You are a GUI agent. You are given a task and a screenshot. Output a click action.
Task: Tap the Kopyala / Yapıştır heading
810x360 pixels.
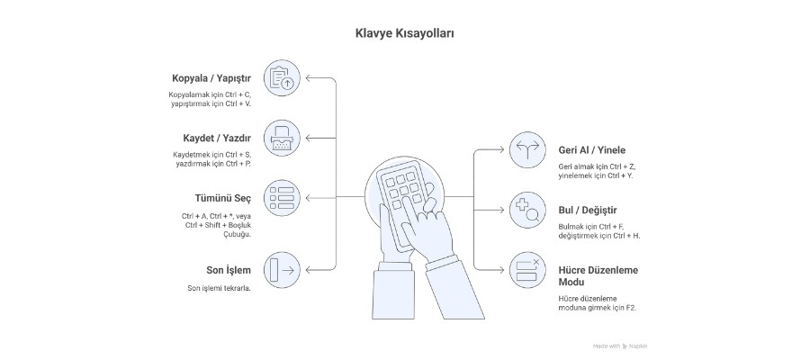[211, 78]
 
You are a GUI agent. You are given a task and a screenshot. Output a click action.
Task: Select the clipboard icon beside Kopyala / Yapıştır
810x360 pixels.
[283, 77]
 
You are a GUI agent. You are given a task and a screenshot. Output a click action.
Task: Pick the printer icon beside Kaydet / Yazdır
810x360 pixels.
[283, 138]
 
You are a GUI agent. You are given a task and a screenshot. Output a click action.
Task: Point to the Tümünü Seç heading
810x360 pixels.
[224, 198]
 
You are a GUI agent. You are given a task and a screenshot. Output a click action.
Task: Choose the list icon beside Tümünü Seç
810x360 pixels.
[283, 197]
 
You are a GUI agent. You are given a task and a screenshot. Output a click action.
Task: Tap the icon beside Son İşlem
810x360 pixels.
[283, 270]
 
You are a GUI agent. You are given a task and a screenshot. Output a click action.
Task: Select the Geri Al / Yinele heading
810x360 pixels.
[591, 150]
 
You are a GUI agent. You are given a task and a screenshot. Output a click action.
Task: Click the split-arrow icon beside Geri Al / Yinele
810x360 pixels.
[526, 150]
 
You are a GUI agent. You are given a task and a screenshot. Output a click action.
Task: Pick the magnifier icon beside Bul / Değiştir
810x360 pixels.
[526, 211]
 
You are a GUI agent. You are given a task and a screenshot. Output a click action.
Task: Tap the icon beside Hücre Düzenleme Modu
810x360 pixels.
[526, 270]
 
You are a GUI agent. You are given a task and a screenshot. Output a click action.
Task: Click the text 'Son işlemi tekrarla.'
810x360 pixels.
[219, 288]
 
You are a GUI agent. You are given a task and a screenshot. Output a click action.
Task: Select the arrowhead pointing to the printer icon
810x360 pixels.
[308, 138]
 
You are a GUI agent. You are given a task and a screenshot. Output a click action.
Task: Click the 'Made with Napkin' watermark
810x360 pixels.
[620, 346]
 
